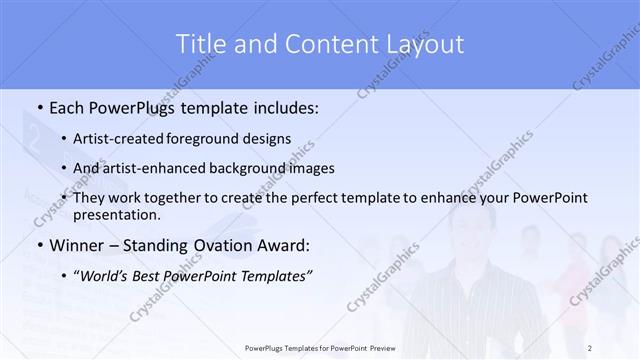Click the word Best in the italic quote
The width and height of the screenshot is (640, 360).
pos(170,275)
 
